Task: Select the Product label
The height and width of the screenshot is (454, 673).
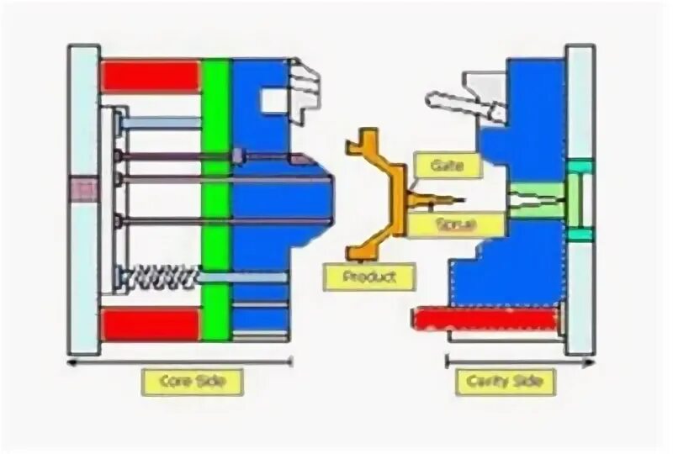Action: coord(369,277)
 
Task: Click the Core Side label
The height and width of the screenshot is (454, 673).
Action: coord(192,382)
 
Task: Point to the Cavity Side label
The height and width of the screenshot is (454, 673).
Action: coord(505,382)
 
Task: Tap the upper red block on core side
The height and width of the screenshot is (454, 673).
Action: coord(151,76)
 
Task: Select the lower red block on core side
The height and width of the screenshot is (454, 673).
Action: coord(151,324)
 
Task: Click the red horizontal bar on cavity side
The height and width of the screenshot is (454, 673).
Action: coord(485,319)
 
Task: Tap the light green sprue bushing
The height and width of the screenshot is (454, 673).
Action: coord(535,200)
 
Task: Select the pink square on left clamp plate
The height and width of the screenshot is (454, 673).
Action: coord(84,189)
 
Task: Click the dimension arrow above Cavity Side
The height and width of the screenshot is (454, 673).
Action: coord(520,362)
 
